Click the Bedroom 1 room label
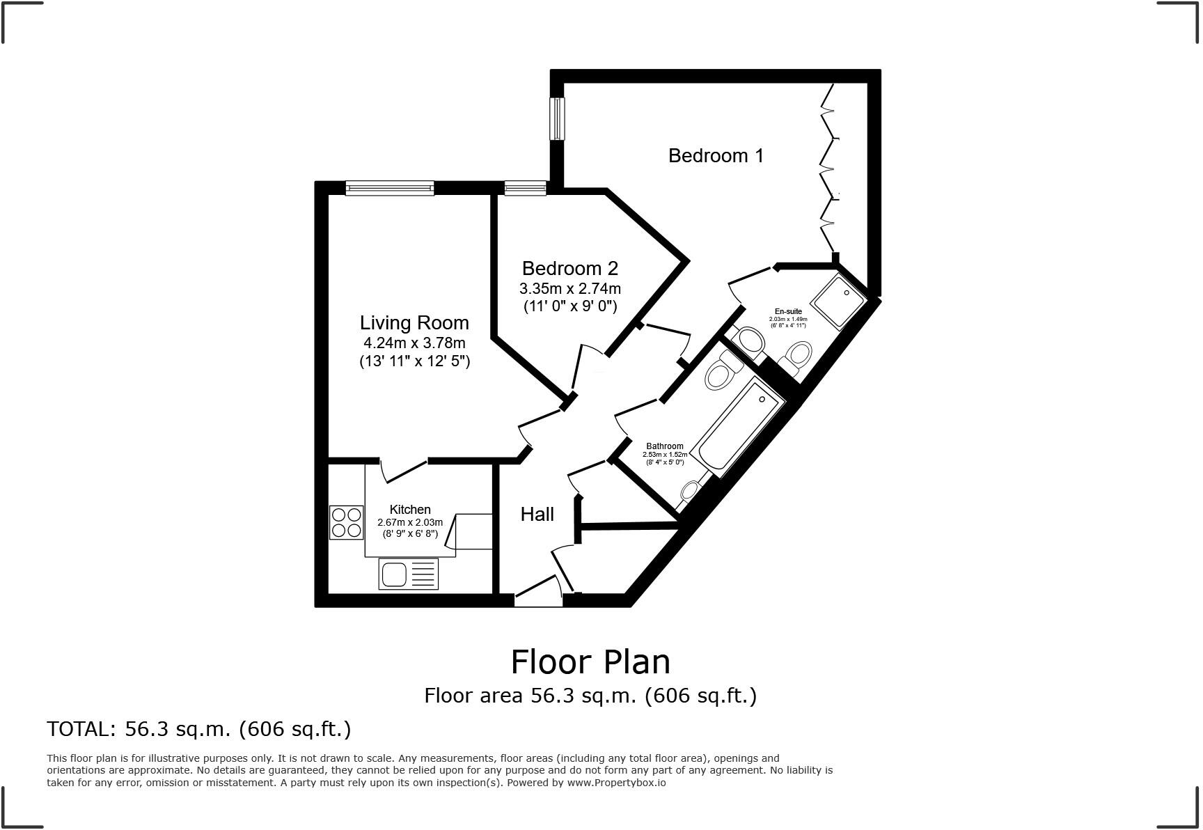[716, 155]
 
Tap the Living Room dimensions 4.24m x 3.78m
[414, 343]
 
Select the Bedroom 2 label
[569, 268]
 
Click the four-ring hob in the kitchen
[346, 522]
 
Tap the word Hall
[537, 515]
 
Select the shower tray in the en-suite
[839, 301]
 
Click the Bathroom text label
[665, 446]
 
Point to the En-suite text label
[788, 311]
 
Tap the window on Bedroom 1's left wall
[557, 118]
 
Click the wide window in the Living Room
[390, 187]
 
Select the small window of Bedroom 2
[526, 187]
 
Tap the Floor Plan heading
[590, 661]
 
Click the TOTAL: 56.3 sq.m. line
[198, 729]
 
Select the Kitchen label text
[410, 510]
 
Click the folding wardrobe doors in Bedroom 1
[830, 167]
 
